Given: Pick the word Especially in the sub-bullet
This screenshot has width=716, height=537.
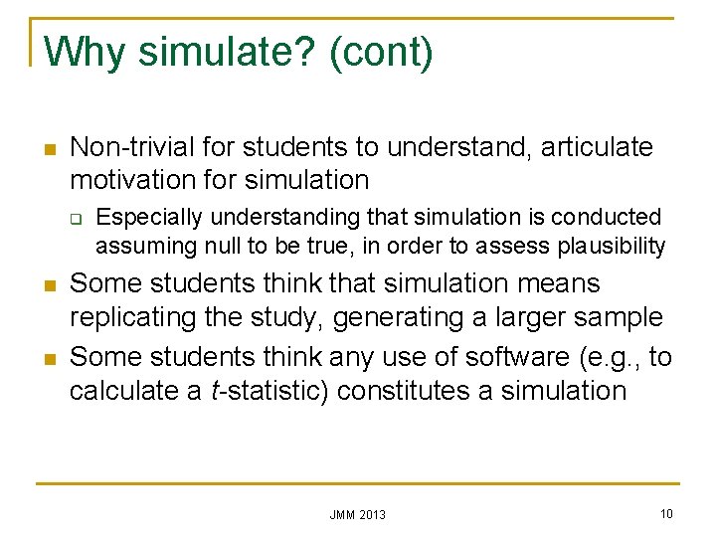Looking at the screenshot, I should pos(147,217).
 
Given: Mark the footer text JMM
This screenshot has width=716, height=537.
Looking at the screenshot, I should pos(343,514).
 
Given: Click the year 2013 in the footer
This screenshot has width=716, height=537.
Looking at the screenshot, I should pos(372,514).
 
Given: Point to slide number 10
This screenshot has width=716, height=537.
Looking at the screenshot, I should pos(665,513).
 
